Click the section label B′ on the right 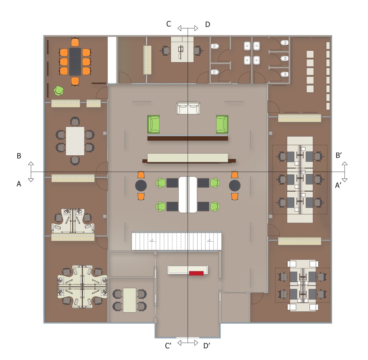[339, 155]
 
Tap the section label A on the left [19, 184]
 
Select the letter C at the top [169, 24]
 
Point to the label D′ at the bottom [207, 346]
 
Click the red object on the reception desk [196, 273]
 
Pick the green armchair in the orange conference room [59, 91]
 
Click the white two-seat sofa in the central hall [188, 108]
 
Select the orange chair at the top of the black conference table [75, 42]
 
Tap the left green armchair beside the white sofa [153, 124]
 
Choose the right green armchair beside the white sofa [222, 124]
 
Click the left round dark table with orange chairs [141, 186]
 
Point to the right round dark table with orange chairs [235, 186]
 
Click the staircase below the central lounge [176, 241]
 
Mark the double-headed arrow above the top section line [188, 28]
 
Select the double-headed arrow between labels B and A [31, 172]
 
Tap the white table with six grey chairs [75, 141]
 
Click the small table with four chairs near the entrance [129, 300]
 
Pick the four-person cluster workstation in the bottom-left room [82, 287]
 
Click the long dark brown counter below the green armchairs [188, 138]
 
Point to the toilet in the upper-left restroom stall [215, 46]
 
